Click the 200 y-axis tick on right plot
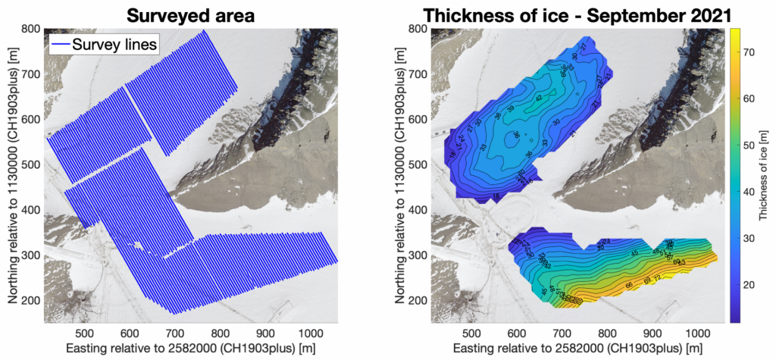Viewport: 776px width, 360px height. point(419,301)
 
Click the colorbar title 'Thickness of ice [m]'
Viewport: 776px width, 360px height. point(763,176)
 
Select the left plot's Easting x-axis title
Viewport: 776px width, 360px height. point(190,349)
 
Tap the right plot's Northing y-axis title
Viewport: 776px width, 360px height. point(399,176)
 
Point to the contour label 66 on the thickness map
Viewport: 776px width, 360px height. point(627,285)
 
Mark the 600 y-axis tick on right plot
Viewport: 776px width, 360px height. point(419,120)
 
